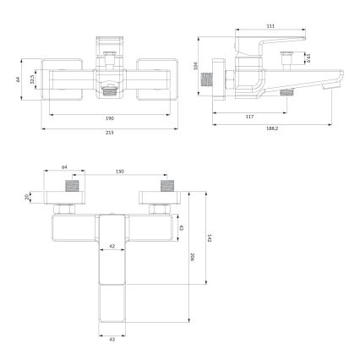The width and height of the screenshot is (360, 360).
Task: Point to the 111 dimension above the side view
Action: pyautogui.click(x=270, y=26)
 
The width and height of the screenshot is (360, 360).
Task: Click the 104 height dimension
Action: pyautogui.click(x=195, y=65)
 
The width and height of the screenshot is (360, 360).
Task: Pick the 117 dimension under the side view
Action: pyautogui.click(x=250, y=116)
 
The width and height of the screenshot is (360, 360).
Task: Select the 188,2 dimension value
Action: pyautogui.click(x=270, y=128)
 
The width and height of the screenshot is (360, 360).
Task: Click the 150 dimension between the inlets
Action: pyautogui.click(x=119, y=172)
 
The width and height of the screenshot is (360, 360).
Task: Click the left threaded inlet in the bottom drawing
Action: pyautogui.click(x=73, y=185)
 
